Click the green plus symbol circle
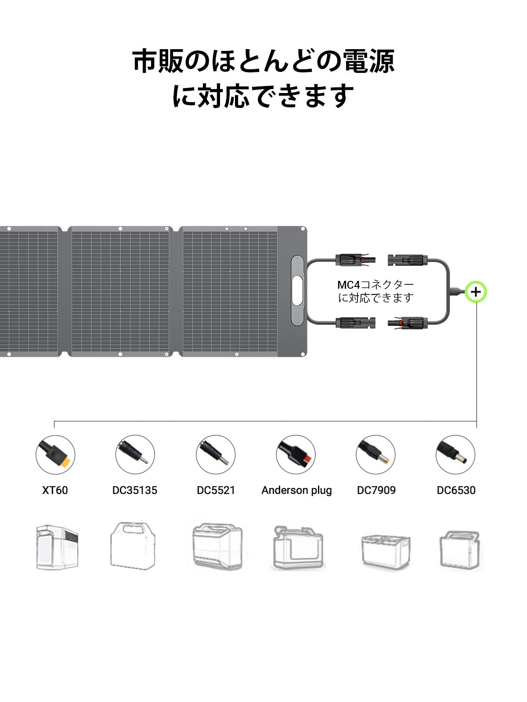476,292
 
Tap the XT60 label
55,490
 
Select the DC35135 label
135,490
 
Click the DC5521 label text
216,490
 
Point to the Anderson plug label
296,491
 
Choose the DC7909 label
376,490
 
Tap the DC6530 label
456,490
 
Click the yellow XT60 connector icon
55,455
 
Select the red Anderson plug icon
296,455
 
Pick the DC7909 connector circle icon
375,455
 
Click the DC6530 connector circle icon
455,455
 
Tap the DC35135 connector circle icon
135,455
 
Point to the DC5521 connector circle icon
216,455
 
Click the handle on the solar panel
297,291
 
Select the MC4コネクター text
376,285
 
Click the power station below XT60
57,547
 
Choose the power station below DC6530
460,550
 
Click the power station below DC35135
133,546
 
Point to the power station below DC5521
217,547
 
